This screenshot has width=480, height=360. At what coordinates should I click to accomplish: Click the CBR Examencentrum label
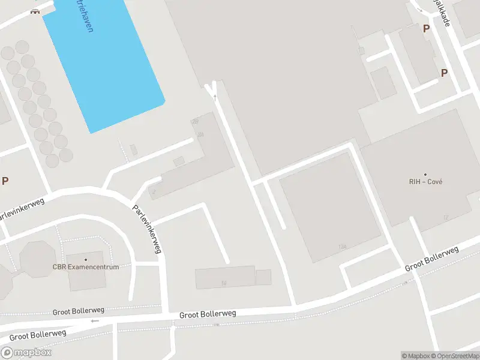[86, 267]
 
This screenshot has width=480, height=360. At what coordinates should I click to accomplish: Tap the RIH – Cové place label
[425, 182]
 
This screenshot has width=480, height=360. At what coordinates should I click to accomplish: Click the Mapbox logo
[26, 353]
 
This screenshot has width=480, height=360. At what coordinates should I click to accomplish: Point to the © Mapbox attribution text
[416, 356]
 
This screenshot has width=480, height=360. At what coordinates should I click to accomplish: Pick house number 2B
[194, 122]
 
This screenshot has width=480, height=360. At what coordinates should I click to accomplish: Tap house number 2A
[200, 134]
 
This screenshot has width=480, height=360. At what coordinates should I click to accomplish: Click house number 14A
[343, 247]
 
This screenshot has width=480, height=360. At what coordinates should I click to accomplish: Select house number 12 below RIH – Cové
[446, 217]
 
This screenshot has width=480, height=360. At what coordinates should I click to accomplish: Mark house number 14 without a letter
[224, 283]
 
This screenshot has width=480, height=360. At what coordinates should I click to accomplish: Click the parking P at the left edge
[5, 181]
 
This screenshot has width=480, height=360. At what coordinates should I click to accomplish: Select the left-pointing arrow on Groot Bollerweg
[94, 321]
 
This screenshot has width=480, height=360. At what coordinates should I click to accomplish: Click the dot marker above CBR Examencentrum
[86, 259]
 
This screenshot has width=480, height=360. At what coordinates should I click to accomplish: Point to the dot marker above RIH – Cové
[425, 174]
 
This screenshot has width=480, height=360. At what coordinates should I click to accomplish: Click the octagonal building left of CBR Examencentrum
[38, 259]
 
